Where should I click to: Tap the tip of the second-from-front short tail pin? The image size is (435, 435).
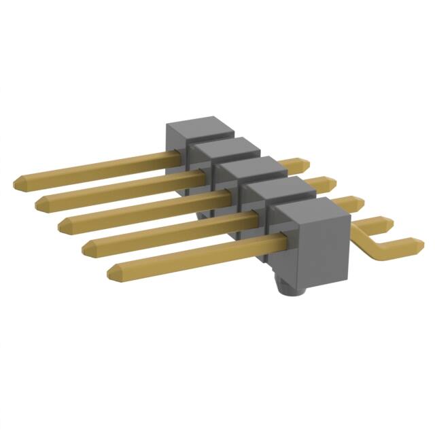point(387,222)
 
